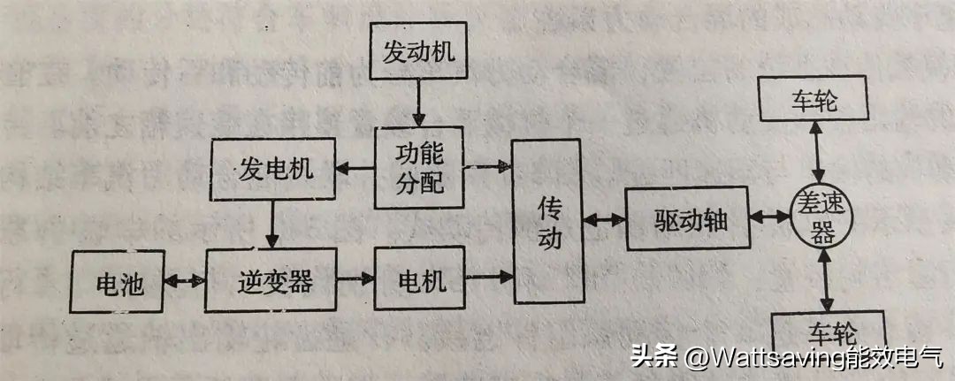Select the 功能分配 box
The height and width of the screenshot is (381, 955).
click(418, 167)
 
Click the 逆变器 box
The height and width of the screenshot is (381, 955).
click(275, 281)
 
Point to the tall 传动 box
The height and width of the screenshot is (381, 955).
click(549, 222)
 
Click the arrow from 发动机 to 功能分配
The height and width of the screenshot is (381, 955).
click(418, 103)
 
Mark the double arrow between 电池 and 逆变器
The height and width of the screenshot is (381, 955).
click(187, 282)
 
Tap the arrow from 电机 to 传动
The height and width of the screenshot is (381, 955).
click(488, 277)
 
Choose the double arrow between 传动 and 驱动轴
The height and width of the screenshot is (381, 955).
click(604, 220)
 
